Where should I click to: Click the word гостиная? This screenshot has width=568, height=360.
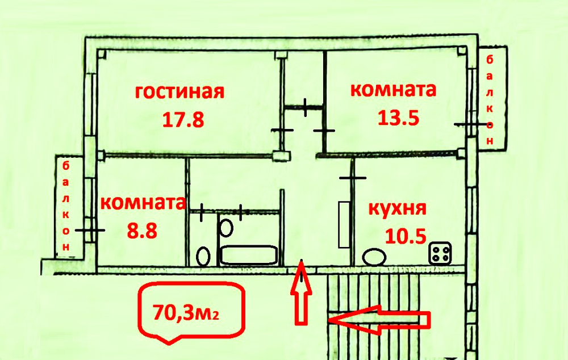pos(180,92)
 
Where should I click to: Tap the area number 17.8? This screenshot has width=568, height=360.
pos(182,120)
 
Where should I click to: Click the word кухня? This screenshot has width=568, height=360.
pos(398,208)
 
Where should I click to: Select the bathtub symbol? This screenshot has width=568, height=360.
pos(249,255)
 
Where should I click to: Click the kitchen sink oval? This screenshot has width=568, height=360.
pos(373,257)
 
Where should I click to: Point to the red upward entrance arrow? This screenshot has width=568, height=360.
pos(302,295)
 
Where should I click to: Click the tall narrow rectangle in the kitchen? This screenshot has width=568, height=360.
pos(344,224)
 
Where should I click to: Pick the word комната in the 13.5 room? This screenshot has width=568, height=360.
pos(393,90)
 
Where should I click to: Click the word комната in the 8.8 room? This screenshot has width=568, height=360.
pos(143,203)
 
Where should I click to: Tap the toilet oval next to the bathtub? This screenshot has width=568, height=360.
pos(203,256)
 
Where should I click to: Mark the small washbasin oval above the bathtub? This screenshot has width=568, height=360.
pos(226,228)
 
